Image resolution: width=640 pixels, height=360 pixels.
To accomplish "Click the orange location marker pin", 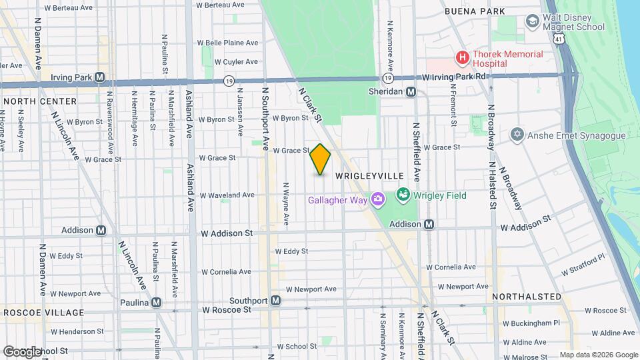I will [320, 159].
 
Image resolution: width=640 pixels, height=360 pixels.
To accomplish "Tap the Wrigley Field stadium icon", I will [403, 195].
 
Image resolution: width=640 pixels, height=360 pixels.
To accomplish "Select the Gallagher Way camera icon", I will [377, 199].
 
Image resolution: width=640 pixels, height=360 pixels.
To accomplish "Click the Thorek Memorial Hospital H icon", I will [462, 58].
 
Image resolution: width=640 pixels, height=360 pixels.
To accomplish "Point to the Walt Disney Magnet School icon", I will [532, 21].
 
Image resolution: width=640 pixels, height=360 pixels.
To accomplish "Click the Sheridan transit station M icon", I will [411, 91].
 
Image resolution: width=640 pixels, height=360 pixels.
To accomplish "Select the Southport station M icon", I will [275, 301].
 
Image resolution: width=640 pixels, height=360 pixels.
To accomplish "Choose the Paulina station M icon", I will [156, 302].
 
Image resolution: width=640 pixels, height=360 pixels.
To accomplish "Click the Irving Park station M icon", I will [99, 77].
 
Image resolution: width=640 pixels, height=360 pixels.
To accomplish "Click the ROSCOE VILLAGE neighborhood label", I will [44, 313].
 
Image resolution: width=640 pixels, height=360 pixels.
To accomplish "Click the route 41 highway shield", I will [556, 39].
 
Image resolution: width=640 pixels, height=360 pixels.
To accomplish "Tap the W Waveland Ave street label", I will [228, 195].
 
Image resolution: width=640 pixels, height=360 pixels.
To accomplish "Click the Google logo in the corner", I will [22, 352].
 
